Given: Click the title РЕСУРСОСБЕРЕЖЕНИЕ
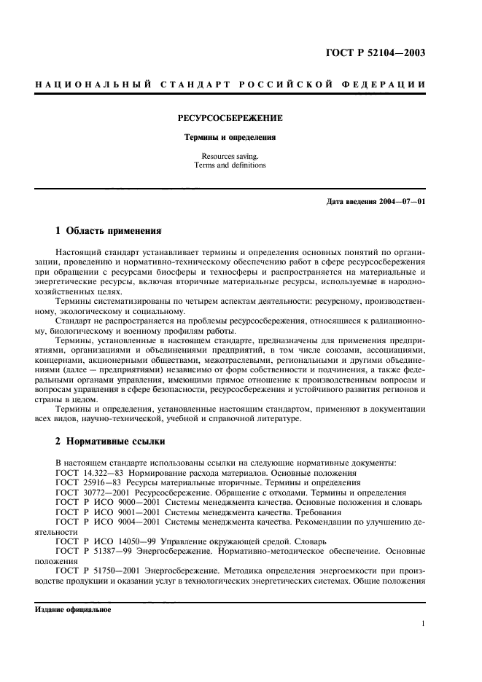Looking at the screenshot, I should click(230, 117).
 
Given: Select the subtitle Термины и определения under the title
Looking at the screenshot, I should click(230, 136).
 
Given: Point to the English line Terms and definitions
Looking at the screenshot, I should click(230, 165).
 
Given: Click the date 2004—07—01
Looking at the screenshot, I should click(397, 202).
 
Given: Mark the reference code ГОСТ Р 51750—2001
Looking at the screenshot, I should click(96, 571).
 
